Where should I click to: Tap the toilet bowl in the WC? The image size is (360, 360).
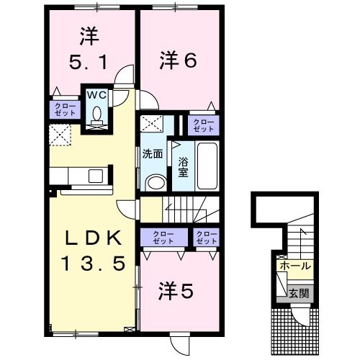tap(96, 114)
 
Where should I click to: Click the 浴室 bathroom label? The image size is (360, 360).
tap(183, 166)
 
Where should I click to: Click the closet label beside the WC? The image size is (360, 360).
tap(63, 109)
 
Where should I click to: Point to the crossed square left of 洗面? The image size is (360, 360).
tap(149, 123)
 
